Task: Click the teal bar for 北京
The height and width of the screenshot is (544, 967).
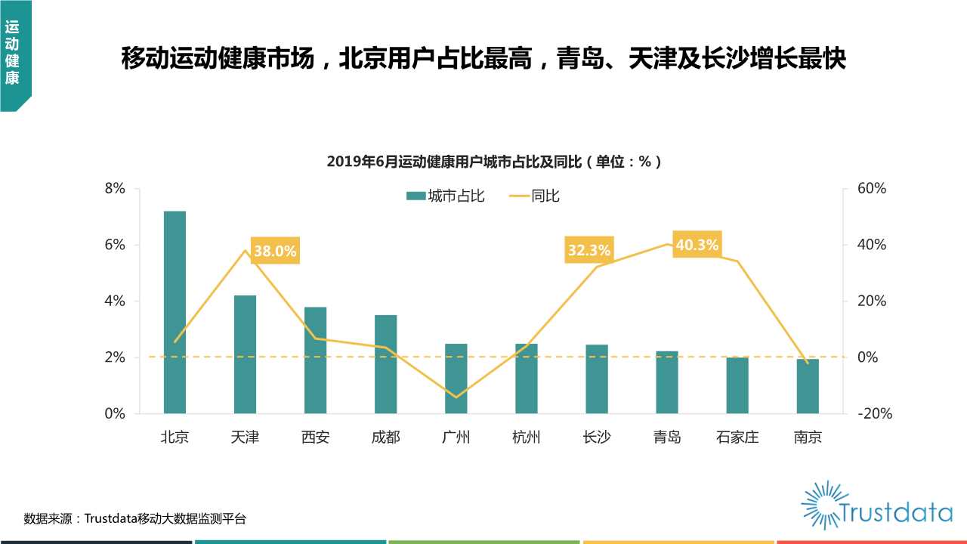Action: coord(175,312)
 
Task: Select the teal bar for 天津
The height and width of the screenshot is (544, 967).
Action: coord(245,354)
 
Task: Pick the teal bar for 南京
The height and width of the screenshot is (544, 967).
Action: coord(808,386)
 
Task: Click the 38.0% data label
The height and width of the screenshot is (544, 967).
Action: coord(275,251)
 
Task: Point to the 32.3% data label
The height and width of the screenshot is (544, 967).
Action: coord(589,250)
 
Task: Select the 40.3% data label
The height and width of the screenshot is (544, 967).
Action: coord(697,245)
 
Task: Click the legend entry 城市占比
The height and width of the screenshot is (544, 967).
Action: coord(446,196)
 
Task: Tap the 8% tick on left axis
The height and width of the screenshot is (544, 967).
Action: coord(115,189)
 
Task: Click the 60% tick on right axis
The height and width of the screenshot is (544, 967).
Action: coord(871,189)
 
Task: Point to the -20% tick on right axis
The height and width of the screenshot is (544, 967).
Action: coord(873,413)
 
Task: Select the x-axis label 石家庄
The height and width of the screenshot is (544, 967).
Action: coord(737,437)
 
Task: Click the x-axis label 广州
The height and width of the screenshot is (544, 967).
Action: coord(456,437)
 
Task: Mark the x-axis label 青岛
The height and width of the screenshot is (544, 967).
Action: coord(667,437)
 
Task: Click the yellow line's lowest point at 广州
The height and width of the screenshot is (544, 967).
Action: coord(456,397)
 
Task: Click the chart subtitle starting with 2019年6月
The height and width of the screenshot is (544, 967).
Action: coord(495,161)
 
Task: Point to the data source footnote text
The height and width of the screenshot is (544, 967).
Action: coord(135,518)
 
